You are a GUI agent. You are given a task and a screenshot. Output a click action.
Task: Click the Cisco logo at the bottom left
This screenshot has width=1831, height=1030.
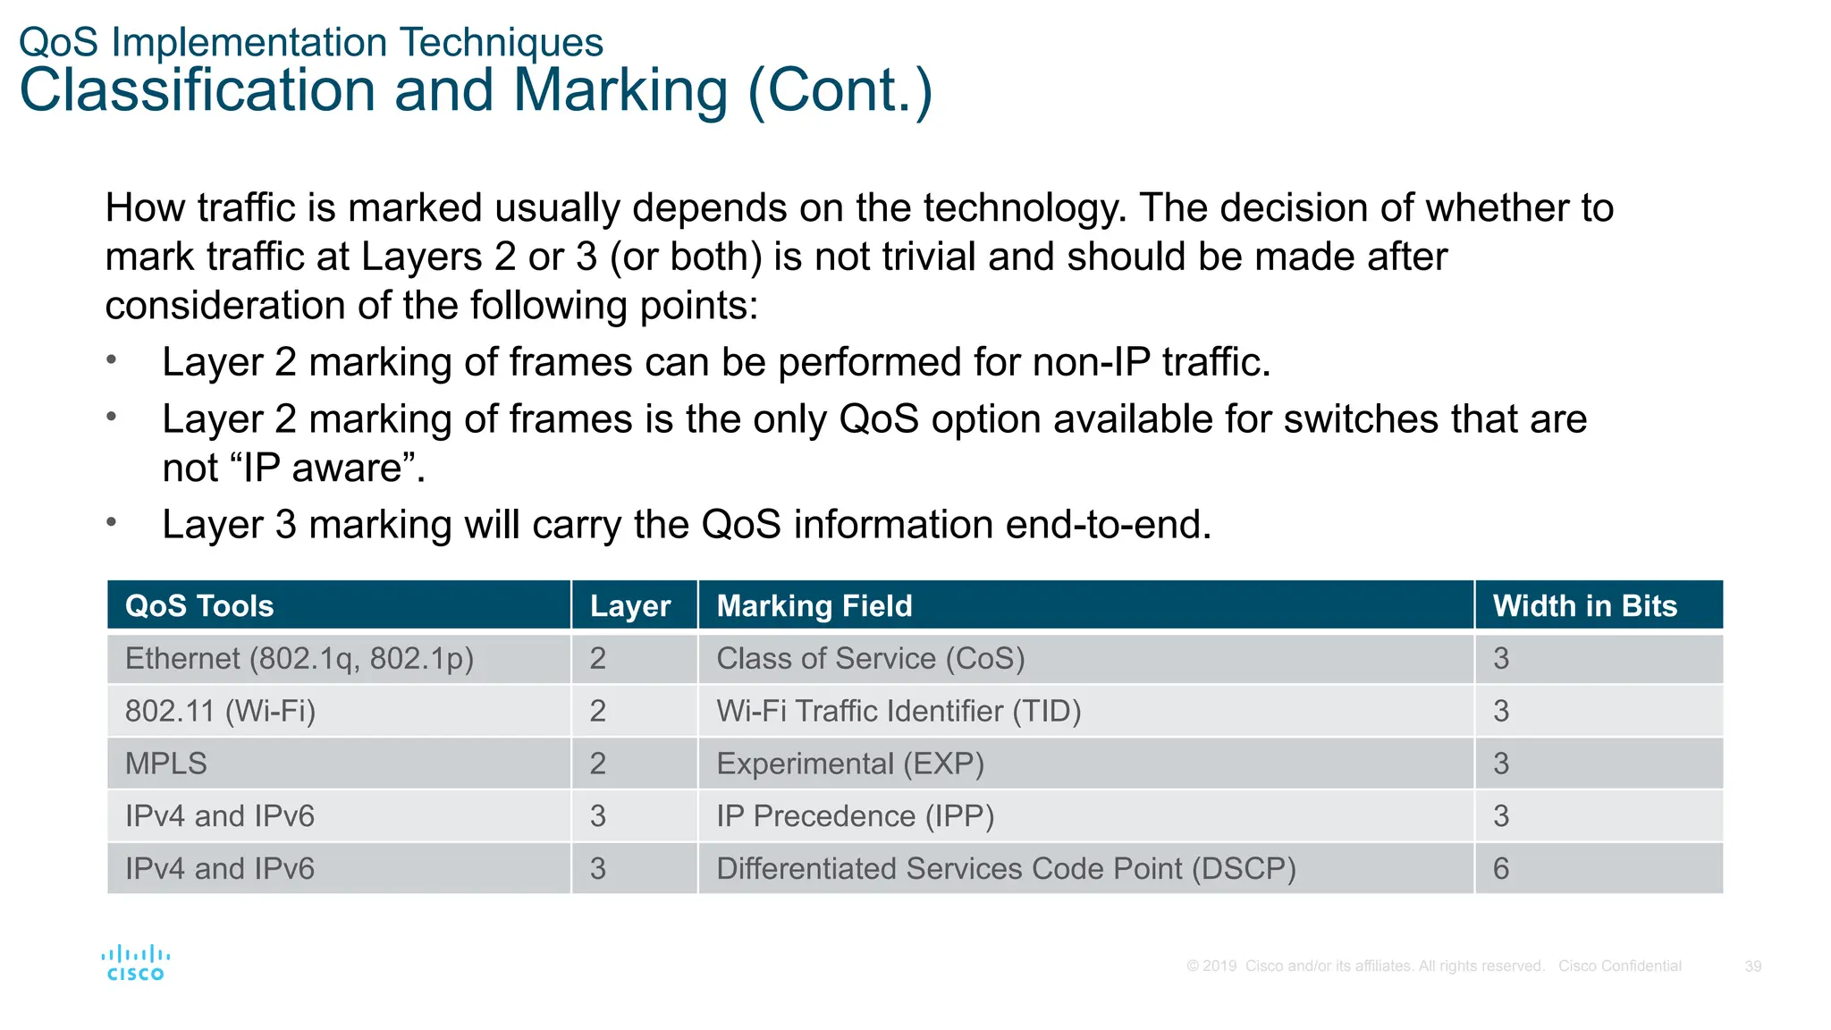coord(135,963)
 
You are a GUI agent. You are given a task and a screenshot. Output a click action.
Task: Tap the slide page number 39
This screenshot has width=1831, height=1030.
coord(1752,967)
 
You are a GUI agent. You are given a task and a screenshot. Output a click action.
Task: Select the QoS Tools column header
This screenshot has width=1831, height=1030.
coord(199,606)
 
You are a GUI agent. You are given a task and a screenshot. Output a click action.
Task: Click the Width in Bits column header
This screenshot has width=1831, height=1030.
coord(1584,606)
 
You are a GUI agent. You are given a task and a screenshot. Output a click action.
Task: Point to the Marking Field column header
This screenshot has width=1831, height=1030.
coord(814,606)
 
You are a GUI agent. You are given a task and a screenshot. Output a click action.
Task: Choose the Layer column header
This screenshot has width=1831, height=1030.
coord(630,606)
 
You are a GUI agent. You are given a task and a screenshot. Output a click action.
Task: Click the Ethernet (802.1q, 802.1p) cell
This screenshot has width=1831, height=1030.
coord(300,659)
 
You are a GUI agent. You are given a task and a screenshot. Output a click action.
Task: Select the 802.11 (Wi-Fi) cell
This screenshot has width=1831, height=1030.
coord(220,712)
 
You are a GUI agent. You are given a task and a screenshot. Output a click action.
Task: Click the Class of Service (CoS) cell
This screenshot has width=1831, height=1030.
coord(870,659)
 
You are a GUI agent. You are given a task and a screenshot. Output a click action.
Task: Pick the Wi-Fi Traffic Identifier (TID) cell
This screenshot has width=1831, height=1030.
coord(899,712)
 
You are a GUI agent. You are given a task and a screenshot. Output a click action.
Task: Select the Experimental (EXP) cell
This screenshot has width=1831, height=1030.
coord(850,764)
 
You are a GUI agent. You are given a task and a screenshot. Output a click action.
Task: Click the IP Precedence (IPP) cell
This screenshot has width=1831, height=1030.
coord(855,816)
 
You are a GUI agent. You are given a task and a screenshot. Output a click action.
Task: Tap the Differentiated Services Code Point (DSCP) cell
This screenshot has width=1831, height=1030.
coord(1006,869)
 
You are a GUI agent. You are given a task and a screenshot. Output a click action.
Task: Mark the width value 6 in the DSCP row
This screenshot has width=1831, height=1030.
coord(1501,869)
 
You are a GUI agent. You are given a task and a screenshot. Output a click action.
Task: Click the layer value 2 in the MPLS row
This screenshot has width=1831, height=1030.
coord(598,764)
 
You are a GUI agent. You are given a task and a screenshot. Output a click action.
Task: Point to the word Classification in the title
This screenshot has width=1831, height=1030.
coord(198,90)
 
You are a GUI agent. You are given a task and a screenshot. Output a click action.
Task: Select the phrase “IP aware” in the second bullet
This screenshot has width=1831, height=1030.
coord(327,469)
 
